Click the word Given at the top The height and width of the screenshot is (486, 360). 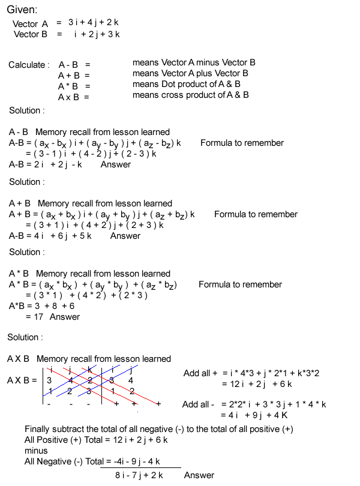22,10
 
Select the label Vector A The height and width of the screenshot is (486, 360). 30,24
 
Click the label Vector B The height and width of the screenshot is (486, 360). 31,34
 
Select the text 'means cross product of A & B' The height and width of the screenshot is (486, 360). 190,95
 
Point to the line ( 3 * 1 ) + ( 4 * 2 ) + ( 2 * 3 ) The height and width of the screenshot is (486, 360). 86,295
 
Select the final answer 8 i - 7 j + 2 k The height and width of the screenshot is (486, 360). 139,475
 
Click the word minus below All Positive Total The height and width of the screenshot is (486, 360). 36,451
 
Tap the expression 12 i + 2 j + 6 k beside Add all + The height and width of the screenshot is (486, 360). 257,384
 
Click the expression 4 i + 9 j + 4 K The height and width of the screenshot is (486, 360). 256,415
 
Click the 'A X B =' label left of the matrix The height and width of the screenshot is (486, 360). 22,380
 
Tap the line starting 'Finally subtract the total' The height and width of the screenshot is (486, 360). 158,429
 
